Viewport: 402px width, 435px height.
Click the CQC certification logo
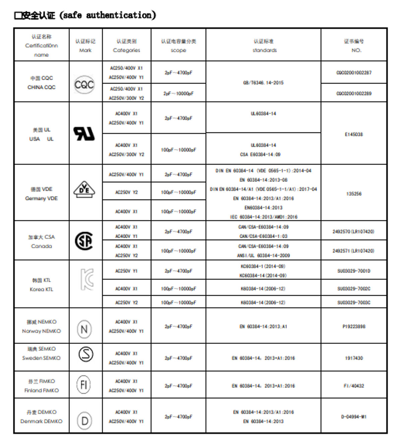click(84, 84)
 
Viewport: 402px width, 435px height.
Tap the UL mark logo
click(84, 134)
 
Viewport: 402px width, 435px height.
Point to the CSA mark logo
click(84, 241)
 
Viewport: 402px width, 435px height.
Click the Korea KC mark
click(86, 279)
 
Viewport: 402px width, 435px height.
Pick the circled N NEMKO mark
click(84, 329)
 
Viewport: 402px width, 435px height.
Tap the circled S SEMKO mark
click(86, 354)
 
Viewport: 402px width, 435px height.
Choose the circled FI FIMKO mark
click(84, 385)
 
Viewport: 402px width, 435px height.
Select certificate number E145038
click(354, 135)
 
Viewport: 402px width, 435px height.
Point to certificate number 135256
click(354, 194)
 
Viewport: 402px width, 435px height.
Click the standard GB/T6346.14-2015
click(263, 83)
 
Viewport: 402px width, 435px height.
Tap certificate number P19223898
click(354, 327)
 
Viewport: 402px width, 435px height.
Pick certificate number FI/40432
click(354, 386)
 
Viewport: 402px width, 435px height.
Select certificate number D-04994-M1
click(354, 417)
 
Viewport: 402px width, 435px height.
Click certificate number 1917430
click(354, 358)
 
